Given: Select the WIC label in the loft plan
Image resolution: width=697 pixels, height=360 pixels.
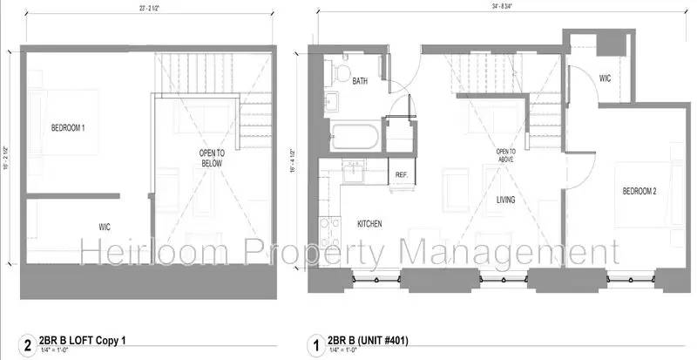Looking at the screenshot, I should click(103, 226).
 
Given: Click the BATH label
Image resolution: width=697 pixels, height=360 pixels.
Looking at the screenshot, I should click(360, 81).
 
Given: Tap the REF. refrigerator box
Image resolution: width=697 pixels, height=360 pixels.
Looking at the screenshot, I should click(403, 174).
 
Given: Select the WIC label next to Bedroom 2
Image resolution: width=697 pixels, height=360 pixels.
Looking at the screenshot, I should click(603, 78).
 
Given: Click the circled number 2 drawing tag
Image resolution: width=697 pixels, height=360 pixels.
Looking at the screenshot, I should click(27, 343).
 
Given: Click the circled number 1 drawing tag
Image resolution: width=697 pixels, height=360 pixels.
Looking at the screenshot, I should click(315, 343).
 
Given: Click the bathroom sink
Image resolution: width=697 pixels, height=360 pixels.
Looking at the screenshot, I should click(333, 99).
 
